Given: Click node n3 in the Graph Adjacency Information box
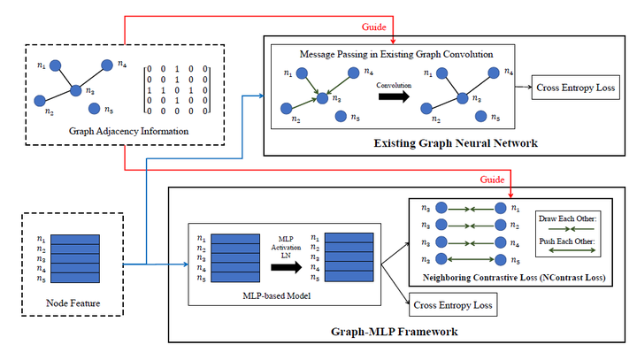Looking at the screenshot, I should click(x=76, y=89).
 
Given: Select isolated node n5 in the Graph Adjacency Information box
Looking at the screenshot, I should click(x=95, y=110).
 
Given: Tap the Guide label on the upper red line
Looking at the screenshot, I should click(x=374, y=27).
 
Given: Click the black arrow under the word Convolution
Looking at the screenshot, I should click(x=393, y=96).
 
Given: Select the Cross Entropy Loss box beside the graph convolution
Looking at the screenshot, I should click(x=576, y=88).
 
